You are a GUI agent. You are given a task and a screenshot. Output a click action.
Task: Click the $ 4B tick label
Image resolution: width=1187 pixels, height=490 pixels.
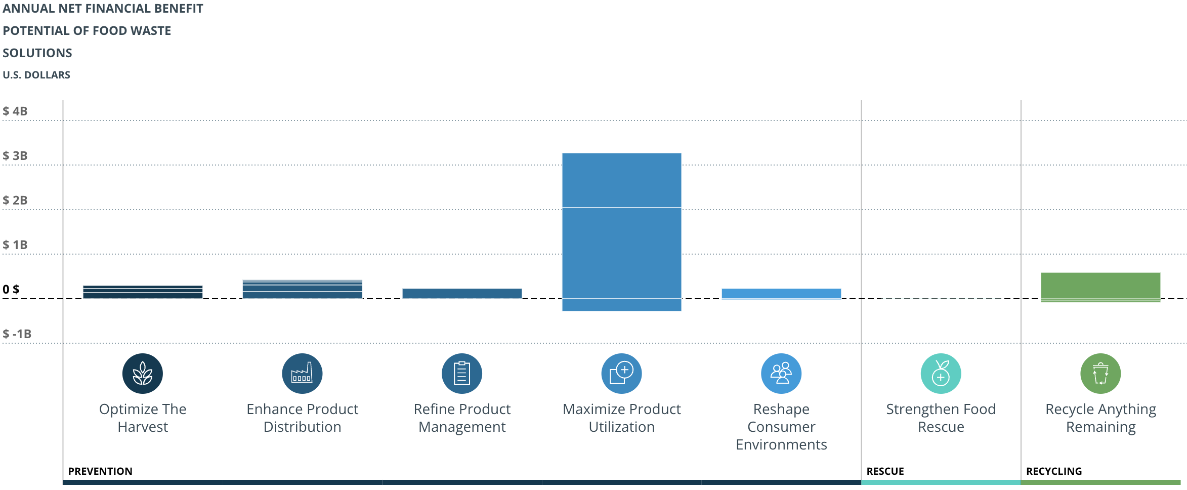(x=15, y=111)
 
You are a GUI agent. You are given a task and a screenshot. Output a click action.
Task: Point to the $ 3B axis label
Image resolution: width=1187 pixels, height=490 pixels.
(x=15, y=156)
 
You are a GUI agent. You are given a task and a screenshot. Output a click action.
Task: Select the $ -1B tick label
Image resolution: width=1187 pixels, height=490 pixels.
(x=17, y=334)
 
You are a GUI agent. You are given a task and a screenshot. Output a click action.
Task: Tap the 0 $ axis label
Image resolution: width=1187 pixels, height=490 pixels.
(x=11, y=290)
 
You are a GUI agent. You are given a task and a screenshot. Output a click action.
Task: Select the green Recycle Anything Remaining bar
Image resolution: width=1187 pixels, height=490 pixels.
(x=1100, y=287)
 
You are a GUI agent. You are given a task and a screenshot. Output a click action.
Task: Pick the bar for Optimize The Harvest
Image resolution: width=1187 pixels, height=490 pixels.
(x=143, y=292)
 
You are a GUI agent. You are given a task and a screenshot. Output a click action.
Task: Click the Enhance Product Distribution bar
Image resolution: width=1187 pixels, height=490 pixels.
(x=302, y=289)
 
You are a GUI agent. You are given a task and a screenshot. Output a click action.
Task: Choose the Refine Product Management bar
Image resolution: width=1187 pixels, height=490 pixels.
(x=462, y=294)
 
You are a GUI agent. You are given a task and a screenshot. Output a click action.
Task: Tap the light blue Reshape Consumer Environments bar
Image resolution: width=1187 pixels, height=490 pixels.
(x=781, y=294)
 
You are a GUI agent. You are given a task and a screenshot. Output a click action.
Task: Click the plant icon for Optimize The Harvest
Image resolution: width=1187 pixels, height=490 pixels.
(x=143, y=374)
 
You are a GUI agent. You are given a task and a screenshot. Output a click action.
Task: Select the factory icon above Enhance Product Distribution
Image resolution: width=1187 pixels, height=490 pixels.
(x=302, y=374)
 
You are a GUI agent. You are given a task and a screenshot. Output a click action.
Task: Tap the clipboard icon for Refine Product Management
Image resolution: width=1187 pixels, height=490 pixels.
(x=462, y=374)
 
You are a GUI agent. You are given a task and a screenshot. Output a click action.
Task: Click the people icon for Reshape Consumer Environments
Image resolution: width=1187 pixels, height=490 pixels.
(x=781, y=374)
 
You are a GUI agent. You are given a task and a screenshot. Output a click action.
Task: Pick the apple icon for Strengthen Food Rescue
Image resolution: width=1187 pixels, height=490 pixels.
(x=941, y=374)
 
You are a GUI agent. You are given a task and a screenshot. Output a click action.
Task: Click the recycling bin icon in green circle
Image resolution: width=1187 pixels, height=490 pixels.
(x=1100, y=374)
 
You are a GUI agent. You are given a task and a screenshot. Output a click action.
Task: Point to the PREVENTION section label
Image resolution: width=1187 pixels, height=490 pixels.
(x=100, y=471)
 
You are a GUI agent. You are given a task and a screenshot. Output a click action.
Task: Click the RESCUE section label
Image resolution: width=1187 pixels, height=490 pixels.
(x=885, y=471)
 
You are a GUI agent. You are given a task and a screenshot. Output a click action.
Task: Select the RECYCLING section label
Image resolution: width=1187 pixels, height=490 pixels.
(x=1054, y=471)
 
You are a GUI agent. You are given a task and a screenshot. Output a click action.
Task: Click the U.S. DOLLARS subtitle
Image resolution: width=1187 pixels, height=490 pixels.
(x=36, y=75)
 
